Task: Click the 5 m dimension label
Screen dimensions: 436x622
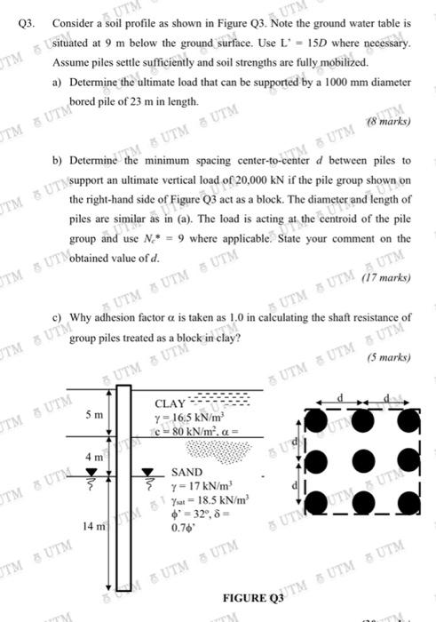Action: (93, 416)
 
